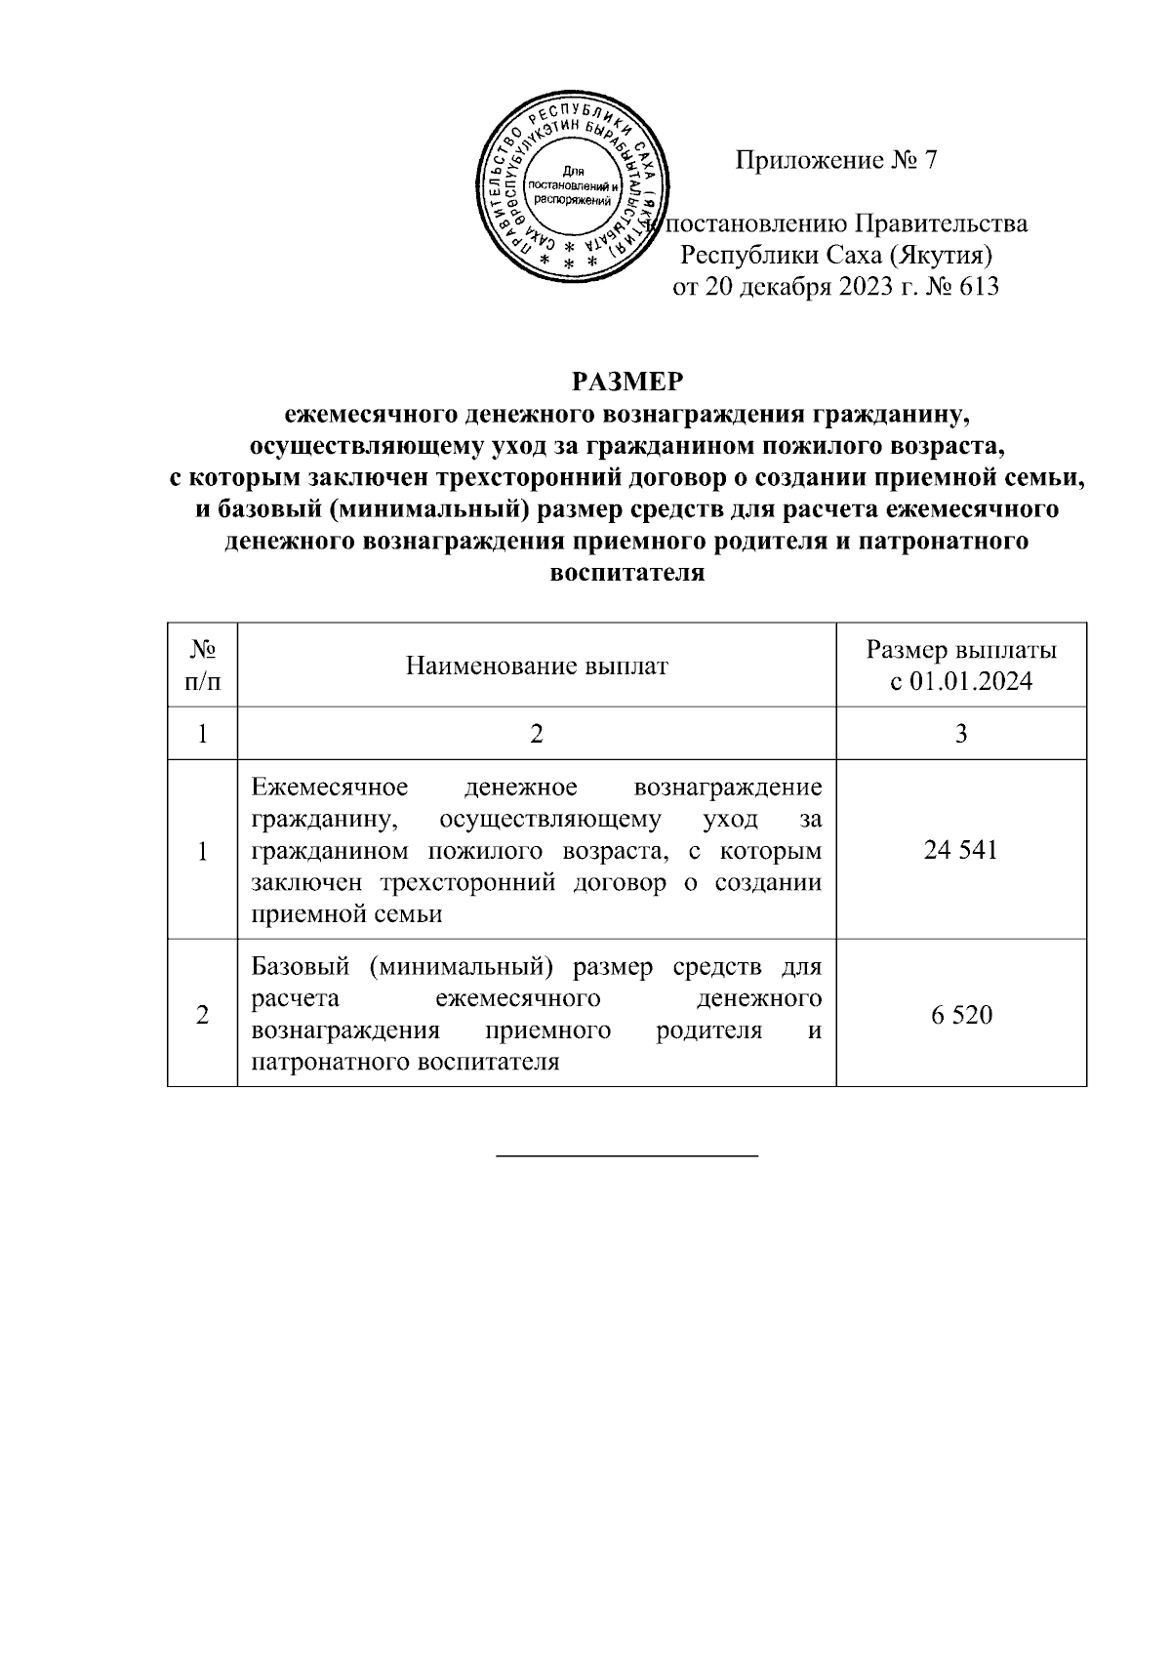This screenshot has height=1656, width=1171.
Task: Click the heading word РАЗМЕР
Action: [626, 381]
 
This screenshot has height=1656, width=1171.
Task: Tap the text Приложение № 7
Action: [835, 160]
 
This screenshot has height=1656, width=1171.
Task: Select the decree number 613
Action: [979, 287]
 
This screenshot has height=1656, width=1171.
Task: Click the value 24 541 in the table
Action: [960, 850]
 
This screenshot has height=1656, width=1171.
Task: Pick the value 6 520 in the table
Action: [960, 1016]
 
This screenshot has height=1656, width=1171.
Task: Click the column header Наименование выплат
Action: [536, 666]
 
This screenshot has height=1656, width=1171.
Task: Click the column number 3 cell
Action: [960, 734]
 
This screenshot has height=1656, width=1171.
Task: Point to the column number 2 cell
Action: [536, 734]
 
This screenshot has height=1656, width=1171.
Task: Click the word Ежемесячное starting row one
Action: [330, 788]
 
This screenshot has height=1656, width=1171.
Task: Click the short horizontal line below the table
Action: [627, 1156]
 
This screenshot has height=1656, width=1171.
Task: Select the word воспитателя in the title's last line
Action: [626, 573]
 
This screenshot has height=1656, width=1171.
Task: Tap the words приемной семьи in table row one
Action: [346, 914]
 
